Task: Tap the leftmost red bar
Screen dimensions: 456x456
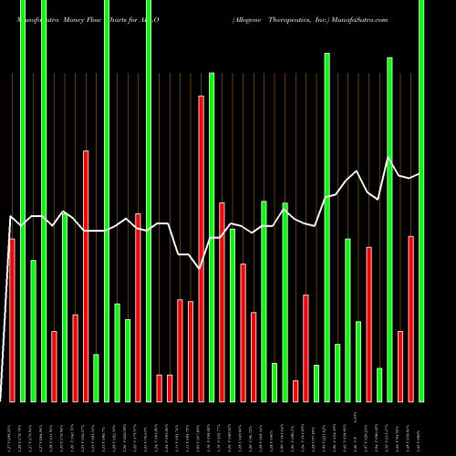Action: tap(12, 319)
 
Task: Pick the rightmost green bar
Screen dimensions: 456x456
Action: tap(421, 201)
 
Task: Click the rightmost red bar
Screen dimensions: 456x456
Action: tap(411, 318)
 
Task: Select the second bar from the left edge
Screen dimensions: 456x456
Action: tap(23, 201)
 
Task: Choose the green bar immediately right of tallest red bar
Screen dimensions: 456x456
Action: tap(212, 237)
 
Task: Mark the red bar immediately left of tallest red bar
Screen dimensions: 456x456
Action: tap(191, 351)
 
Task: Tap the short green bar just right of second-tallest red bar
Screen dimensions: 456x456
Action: tap(96, 378)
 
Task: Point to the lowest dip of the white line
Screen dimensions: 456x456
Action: tap(200, 269)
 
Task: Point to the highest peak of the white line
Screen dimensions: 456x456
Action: tap(389, 158)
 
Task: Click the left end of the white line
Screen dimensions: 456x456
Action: tap(9, 217)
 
